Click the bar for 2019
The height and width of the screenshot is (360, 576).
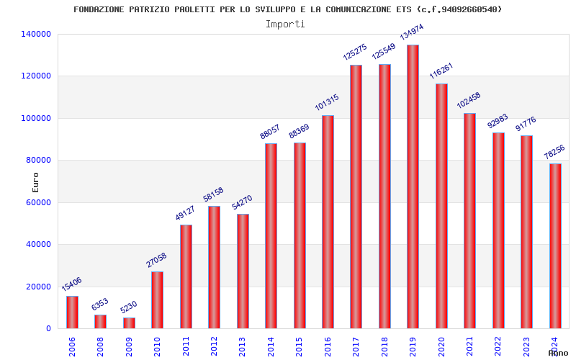click(413, 186)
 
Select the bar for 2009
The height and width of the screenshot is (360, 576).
click(129, 323)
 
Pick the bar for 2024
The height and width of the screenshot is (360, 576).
click(555, 246)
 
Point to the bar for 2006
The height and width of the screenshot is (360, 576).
click(72, 312)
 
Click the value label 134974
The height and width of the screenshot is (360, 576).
click(412, 32)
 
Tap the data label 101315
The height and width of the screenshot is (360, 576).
click(327, 102)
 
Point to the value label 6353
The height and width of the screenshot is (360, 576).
click(99, 305)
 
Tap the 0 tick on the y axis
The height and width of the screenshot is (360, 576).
click(48, 328)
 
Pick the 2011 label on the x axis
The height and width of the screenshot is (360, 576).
click(186, 346)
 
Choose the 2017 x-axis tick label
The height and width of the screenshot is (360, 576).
click(356, 346)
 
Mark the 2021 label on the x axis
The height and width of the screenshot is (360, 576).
click(469, 346)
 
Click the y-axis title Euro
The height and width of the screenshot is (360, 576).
click(36, 182)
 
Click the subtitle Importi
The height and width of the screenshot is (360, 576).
click(285, 24)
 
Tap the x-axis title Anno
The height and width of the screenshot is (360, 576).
click(558, 353)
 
